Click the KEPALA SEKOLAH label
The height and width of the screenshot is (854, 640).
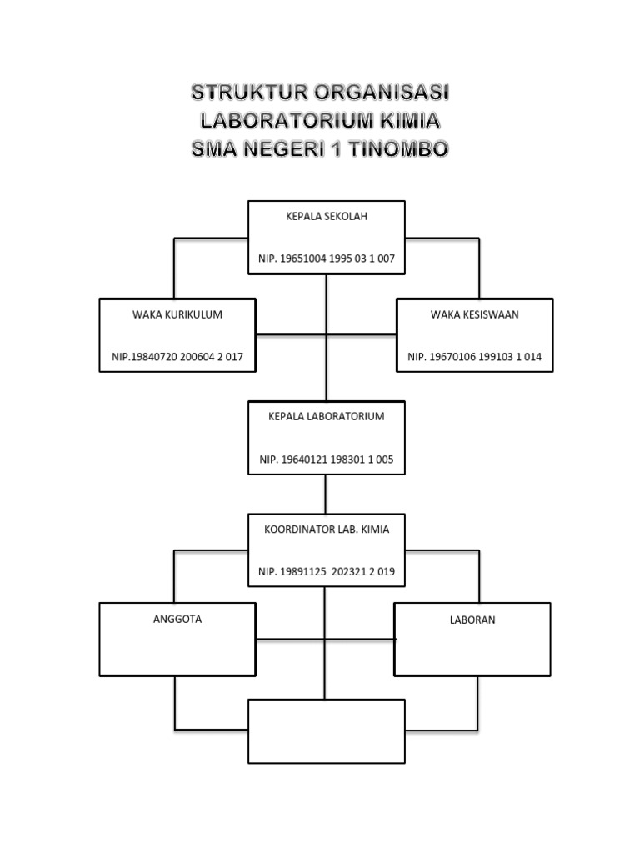[x=326, y=216]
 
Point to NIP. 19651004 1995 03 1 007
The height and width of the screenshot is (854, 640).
[x=326, y=259]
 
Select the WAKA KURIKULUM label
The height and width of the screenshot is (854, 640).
[x=177, y=314]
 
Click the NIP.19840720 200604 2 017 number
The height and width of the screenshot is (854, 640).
[x=177, y=357]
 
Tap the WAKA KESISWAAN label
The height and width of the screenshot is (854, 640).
[x=474, y=314]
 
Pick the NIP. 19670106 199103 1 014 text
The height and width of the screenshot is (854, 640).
[x=474, y=357]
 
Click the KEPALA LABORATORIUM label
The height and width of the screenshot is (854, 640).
[x=326, y=416]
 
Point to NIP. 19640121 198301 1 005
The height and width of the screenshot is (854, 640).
[x=326, y=459]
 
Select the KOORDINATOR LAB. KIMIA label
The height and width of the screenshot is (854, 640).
[x=326, y=529]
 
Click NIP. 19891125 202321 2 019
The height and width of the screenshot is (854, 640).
[x=326, y=571]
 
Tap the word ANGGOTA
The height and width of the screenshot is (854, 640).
[x=177, y=620]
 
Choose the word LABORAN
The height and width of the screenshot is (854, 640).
[x=472, y=620]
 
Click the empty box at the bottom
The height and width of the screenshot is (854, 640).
[x=327, y=731]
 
